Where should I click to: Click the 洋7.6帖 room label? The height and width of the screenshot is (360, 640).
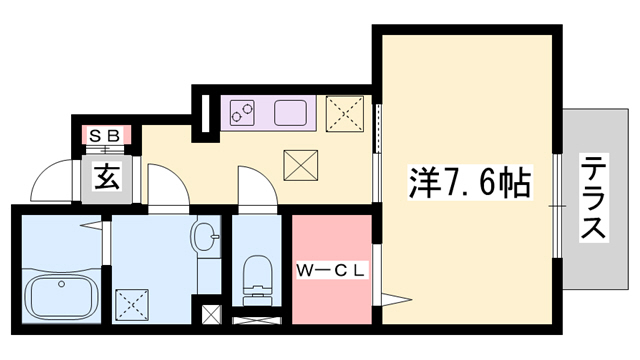(469, 183)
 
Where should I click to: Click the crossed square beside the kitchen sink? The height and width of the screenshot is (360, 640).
(346, 114)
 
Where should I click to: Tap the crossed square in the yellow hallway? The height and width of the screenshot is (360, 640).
(299, 165)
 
